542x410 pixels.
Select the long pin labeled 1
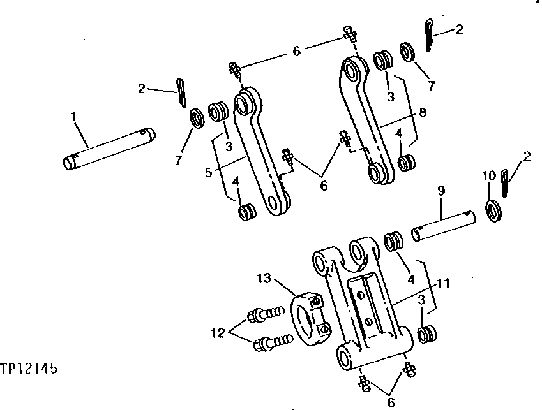pos(109,149)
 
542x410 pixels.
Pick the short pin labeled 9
pos(442,225)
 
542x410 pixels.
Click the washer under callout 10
pos(494,210)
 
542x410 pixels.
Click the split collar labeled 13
pos(310,316)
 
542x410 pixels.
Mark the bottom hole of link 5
pos(276,203)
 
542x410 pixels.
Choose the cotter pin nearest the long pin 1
pos(183,92)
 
